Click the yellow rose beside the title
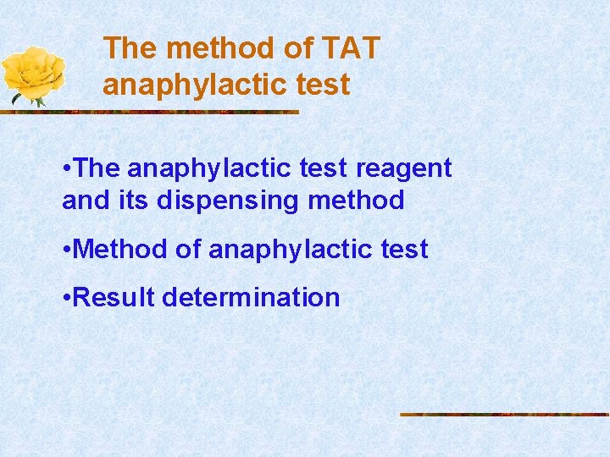[34, 74]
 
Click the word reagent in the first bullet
[403, 168]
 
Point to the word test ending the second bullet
[402, 250]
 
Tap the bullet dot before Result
[67, 298]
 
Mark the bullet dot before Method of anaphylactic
[67, 251]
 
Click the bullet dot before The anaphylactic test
[67, 168]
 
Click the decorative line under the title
[169, 112]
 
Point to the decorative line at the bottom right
[504, 414]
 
